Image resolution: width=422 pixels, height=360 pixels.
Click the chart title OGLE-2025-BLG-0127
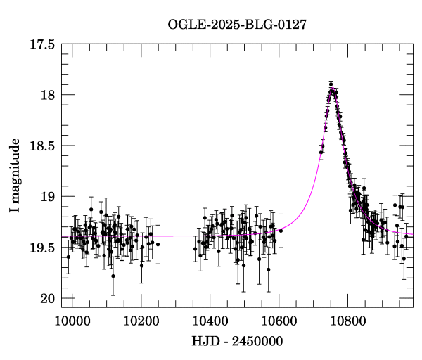[237, 25]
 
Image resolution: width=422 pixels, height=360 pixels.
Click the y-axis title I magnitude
[15, 176]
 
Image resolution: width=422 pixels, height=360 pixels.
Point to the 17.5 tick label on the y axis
[42, 44]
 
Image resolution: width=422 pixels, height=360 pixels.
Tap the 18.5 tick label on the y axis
[42, 146]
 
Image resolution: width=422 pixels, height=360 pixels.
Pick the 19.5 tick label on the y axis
[42, 247]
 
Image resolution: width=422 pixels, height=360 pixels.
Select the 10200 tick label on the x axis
[141, 320]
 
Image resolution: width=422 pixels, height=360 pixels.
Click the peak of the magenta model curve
[332, 89]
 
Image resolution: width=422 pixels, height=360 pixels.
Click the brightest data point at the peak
[331, 84]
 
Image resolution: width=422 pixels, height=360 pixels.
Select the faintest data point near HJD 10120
[113, 276]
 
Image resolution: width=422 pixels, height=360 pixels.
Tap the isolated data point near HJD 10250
[158, 244]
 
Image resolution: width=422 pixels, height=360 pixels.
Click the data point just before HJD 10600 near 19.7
[268, 269]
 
